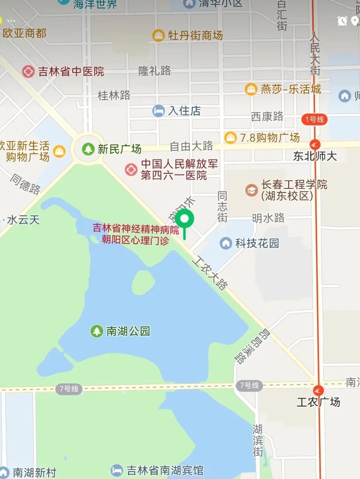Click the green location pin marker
tap(185, 219)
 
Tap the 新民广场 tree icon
tap(88, 149)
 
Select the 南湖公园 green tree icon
tap(97, 331)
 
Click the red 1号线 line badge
tap(314, 119)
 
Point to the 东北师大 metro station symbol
tap(315, 145)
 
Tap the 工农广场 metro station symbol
tap(318, 390)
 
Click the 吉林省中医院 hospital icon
tap(28, 72)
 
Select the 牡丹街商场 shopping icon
tap(158, 35)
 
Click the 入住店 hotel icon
tap(158, 111)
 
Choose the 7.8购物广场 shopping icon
tap(230, 138)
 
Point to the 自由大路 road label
tap(191, 146)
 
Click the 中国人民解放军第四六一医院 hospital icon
tap(131, 170)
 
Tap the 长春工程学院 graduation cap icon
tap(252, 190)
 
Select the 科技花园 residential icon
tap(226, 243)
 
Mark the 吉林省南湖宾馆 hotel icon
tap(117, 470)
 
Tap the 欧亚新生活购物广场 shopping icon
tap(59, 151)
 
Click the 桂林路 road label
tap(114, 95)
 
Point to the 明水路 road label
tap(268, 218)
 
